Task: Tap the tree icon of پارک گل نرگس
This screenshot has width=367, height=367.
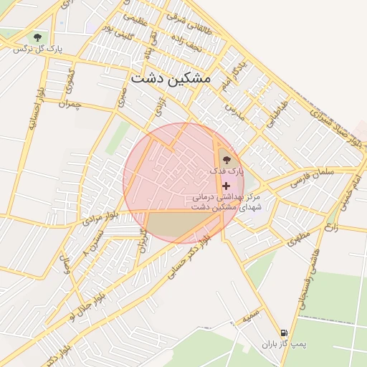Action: pyautogui.click(x=37, y=37)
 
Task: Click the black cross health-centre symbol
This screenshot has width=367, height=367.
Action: pyautogui.click(x=227, y=186)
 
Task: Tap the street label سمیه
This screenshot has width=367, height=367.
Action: pyautogui.click(x=250, y=313)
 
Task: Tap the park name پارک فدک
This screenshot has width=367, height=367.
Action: pyautogui.click(x=227, y=172)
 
